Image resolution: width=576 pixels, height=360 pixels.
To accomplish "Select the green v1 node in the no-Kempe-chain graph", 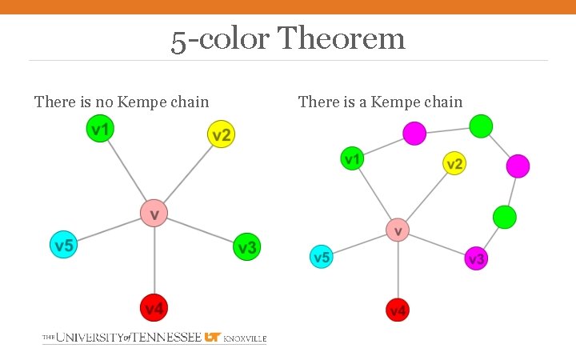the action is pos(100,129).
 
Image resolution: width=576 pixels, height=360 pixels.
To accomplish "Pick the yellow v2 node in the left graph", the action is pos(221,134).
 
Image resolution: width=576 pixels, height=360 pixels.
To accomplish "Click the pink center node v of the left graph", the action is pos(154,213).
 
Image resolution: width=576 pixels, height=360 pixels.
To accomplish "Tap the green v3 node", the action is pos(246,247).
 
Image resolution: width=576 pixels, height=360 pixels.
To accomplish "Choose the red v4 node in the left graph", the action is pos(154,308).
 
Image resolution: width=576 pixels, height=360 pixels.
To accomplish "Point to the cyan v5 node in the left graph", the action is pos(64,245).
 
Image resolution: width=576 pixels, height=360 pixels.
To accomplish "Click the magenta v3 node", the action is pos(476,258).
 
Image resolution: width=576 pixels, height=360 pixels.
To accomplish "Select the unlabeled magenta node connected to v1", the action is pos(414,133).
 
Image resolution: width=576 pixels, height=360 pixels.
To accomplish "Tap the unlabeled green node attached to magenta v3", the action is pos(504,217).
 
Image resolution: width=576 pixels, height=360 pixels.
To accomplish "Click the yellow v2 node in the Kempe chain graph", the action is pos(454,164).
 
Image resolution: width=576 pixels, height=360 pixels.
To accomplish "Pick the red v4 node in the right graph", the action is pos(398,310).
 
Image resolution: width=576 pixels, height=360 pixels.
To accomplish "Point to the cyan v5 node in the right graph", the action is pos(322,257).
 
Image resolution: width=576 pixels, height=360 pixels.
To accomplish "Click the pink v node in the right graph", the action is pos(398,230).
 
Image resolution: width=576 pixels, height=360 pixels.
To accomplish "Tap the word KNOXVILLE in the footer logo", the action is pos(245,338).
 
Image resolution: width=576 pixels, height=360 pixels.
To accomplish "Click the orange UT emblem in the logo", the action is pos(212,338).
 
